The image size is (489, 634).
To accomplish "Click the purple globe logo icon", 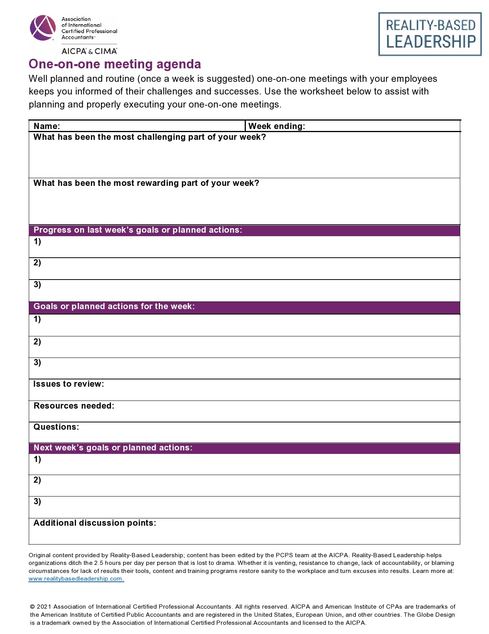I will pyautogui.click(x=43, y=28).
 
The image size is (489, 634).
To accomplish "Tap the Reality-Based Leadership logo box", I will pyautogui.click(x=430, y=34).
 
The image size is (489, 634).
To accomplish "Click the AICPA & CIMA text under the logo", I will pyautogui.click(x=89, y=51).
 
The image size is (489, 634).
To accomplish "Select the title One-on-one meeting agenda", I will pyautogui.click(x=115, y=64).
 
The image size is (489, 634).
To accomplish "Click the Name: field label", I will pyautogui.click(x=47, y=126).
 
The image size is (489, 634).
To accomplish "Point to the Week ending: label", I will pyautogui.click(x=277, y=126).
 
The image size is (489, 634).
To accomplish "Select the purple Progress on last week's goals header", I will pyautogui.click(x=138, y=230).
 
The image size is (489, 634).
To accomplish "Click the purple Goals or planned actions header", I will pyautogui.click(x=114, y=306).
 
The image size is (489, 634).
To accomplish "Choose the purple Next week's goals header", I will pyautogui.click(x=113, y=448).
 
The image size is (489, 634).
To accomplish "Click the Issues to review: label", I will pyautogui.click(x=69, y=384).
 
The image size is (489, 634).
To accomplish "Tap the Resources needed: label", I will pyautogui.click(x=74, y=406).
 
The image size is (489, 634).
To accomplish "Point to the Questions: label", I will pyautogui.click(x=56, y=427).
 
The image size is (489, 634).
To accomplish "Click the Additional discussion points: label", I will pyautogui.click(x=95, y=523).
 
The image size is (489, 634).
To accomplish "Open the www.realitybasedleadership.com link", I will pyautogui.click(x=76, y=579).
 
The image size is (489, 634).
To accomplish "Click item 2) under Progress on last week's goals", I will pyautogui.click(x=37, y=263).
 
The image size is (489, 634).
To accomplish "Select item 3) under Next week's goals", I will pyautogui.click(x=37, y=502).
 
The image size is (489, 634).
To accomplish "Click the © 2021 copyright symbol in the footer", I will pyautogui.click(x=33, y=607).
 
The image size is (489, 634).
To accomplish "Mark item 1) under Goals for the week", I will pyautogui.click(x=37, y=319).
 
